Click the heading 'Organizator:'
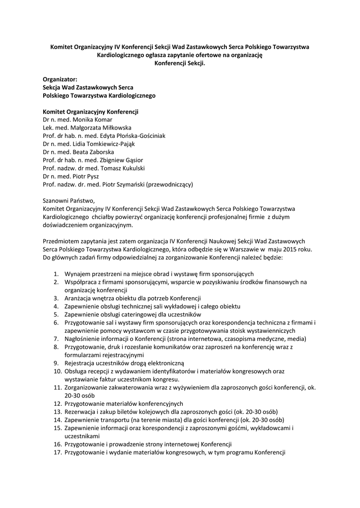pyautogui.click(x=60, y=78)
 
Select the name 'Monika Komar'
pyautogui.click(x=92, y=120)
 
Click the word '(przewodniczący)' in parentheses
pyautogui.click(x=167, y=185)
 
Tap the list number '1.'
pyautogui.click(x=57, y=274)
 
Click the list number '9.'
pyautogui.click(x=57, y=363)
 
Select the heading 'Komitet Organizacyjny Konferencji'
pyautogui.click(x=90, y=112)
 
